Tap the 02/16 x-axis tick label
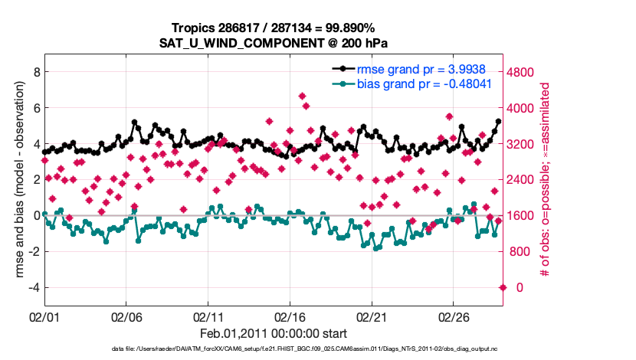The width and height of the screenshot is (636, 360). (290, 316)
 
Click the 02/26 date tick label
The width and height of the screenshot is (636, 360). (453, 316)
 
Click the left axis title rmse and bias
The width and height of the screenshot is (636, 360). (15, 180)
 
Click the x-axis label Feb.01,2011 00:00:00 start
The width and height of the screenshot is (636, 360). (274, 334)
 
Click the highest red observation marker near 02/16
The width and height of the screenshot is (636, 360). (302, 96)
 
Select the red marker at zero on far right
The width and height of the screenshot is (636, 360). (503, 287)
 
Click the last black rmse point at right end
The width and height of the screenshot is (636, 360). (498, 122)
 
